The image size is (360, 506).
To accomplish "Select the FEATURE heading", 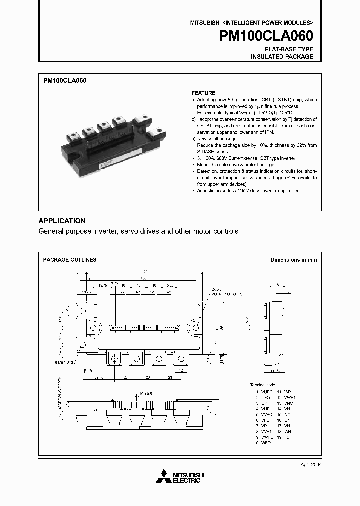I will tap(203, 93).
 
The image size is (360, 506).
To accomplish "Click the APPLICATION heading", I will tap(62, 221).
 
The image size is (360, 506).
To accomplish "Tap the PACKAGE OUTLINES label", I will tap(70, 260).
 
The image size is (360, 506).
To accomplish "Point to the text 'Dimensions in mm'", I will tap(294, 260).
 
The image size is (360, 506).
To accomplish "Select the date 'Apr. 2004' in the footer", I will tap(310, 464).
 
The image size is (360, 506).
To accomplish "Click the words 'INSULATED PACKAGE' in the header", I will tap(282, 57).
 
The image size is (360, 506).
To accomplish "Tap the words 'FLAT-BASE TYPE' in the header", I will tap(289, 49).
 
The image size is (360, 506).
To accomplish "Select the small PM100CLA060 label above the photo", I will tap(65, 80).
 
